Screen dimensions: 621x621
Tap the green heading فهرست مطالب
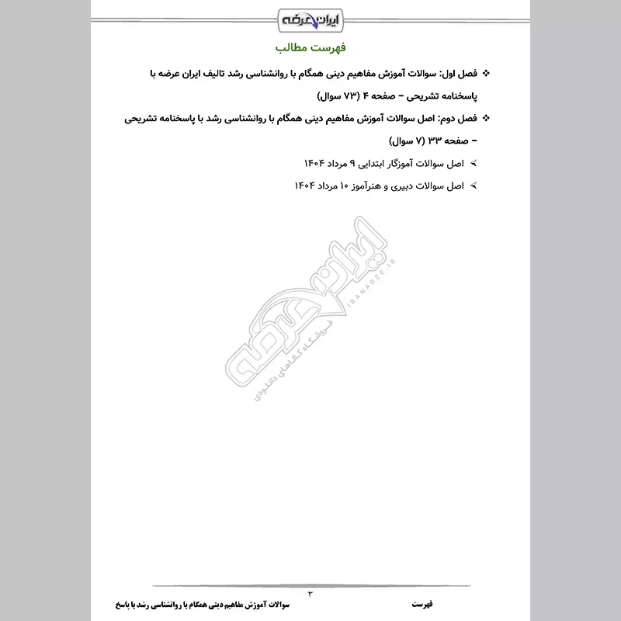coord(310,48)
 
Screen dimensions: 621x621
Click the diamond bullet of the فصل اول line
coord(487,75)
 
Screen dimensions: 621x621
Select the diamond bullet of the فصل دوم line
coord(487,120)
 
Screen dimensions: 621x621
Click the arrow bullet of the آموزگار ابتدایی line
coord(474,165)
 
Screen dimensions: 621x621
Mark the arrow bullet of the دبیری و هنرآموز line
coord(474,187)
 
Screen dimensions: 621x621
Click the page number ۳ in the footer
coord(310,594)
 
